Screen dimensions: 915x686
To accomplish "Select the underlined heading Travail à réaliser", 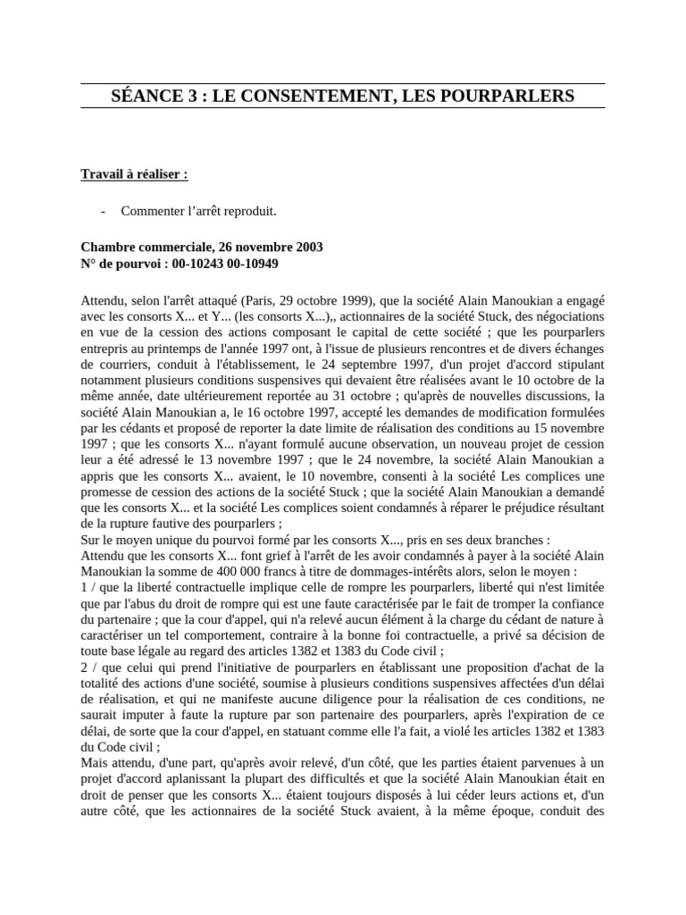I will click(134, 174).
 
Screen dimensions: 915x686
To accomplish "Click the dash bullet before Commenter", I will click(105, 211).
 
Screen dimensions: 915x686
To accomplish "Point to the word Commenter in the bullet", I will click(156, 211).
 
